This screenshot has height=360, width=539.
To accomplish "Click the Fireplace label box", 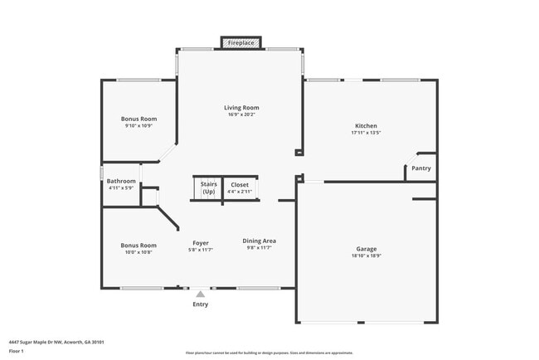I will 240,41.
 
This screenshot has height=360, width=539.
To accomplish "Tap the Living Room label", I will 241,108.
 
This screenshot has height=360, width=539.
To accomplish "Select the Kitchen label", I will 365,126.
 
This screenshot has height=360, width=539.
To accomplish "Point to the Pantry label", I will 421,168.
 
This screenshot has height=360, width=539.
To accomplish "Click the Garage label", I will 367,249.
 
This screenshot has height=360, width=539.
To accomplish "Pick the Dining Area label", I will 259,241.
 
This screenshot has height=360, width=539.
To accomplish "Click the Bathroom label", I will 121,181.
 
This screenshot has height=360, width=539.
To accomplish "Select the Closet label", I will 240,184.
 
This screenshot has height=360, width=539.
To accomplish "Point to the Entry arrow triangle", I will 200,293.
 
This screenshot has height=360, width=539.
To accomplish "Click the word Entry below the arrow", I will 201,304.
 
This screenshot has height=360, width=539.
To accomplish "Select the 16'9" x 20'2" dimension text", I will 241,115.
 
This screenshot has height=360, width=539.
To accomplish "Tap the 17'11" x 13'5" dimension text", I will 365,133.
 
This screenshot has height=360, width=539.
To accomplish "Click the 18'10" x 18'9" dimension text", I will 367,255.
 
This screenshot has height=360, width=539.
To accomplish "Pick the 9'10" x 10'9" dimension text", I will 138,126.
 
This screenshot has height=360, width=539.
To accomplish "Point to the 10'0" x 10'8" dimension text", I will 138,252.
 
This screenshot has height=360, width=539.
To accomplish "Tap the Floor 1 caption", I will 17,352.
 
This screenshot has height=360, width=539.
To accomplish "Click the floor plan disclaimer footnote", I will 269,353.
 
